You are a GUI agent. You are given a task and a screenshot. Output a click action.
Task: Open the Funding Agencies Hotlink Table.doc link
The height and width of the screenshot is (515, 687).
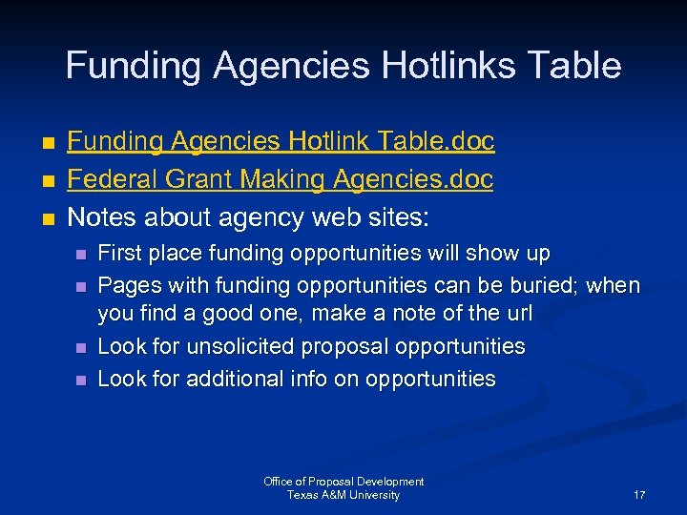(x=281, y=142)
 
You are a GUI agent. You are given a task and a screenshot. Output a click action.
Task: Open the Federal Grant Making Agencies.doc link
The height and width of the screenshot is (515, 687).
(x=281, y=180)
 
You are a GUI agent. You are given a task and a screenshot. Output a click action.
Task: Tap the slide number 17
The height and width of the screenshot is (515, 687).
(x=639, y=495)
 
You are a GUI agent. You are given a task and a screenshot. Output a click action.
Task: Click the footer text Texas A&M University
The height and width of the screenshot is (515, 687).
(x=343, y=495)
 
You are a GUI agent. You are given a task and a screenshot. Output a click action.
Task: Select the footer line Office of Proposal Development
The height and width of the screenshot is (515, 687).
(x=343, y=482)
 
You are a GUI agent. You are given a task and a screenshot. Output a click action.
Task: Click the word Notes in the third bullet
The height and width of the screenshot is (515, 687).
(x=103, y=218)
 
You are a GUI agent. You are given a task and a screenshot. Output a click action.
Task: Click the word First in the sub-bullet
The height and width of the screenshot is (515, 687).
(x=120, y=254)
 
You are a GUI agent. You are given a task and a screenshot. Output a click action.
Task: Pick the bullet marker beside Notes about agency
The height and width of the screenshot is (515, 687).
(x=49, y=219)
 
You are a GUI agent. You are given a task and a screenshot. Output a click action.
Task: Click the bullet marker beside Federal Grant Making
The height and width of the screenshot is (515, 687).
(x=49, y=181)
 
